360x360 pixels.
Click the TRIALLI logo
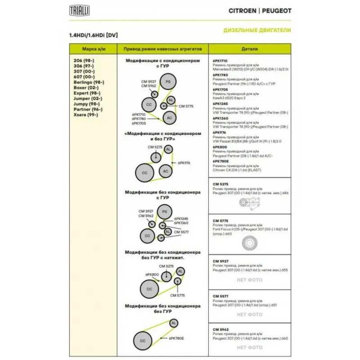pos(79,10)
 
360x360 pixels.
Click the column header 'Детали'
pos(249,49)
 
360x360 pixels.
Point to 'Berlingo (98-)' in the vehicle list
pos(89,83)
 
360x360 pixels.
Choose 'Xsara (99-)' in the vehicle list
pos(85,115)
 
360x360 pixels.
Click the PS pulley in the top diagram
pos(168,81)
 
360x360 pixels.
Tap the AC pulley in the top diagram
pos(169,118)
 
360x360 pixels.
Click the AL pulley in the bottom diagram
pos(174,323)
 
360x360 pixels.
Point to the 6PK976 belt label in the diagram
pos(184,163)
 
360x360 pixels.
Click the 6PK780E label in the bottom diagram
pos(176,337)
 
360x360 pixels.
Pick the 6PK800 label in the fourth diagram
pos(152,274)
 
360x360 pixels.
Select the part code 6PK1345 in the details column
pos(220,104)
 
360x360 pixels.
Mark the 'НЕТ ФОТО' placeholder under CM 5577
pos(249,315)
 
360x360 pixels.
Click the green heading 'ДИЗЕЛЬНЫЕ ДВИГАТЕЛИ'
pos(257,31)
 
